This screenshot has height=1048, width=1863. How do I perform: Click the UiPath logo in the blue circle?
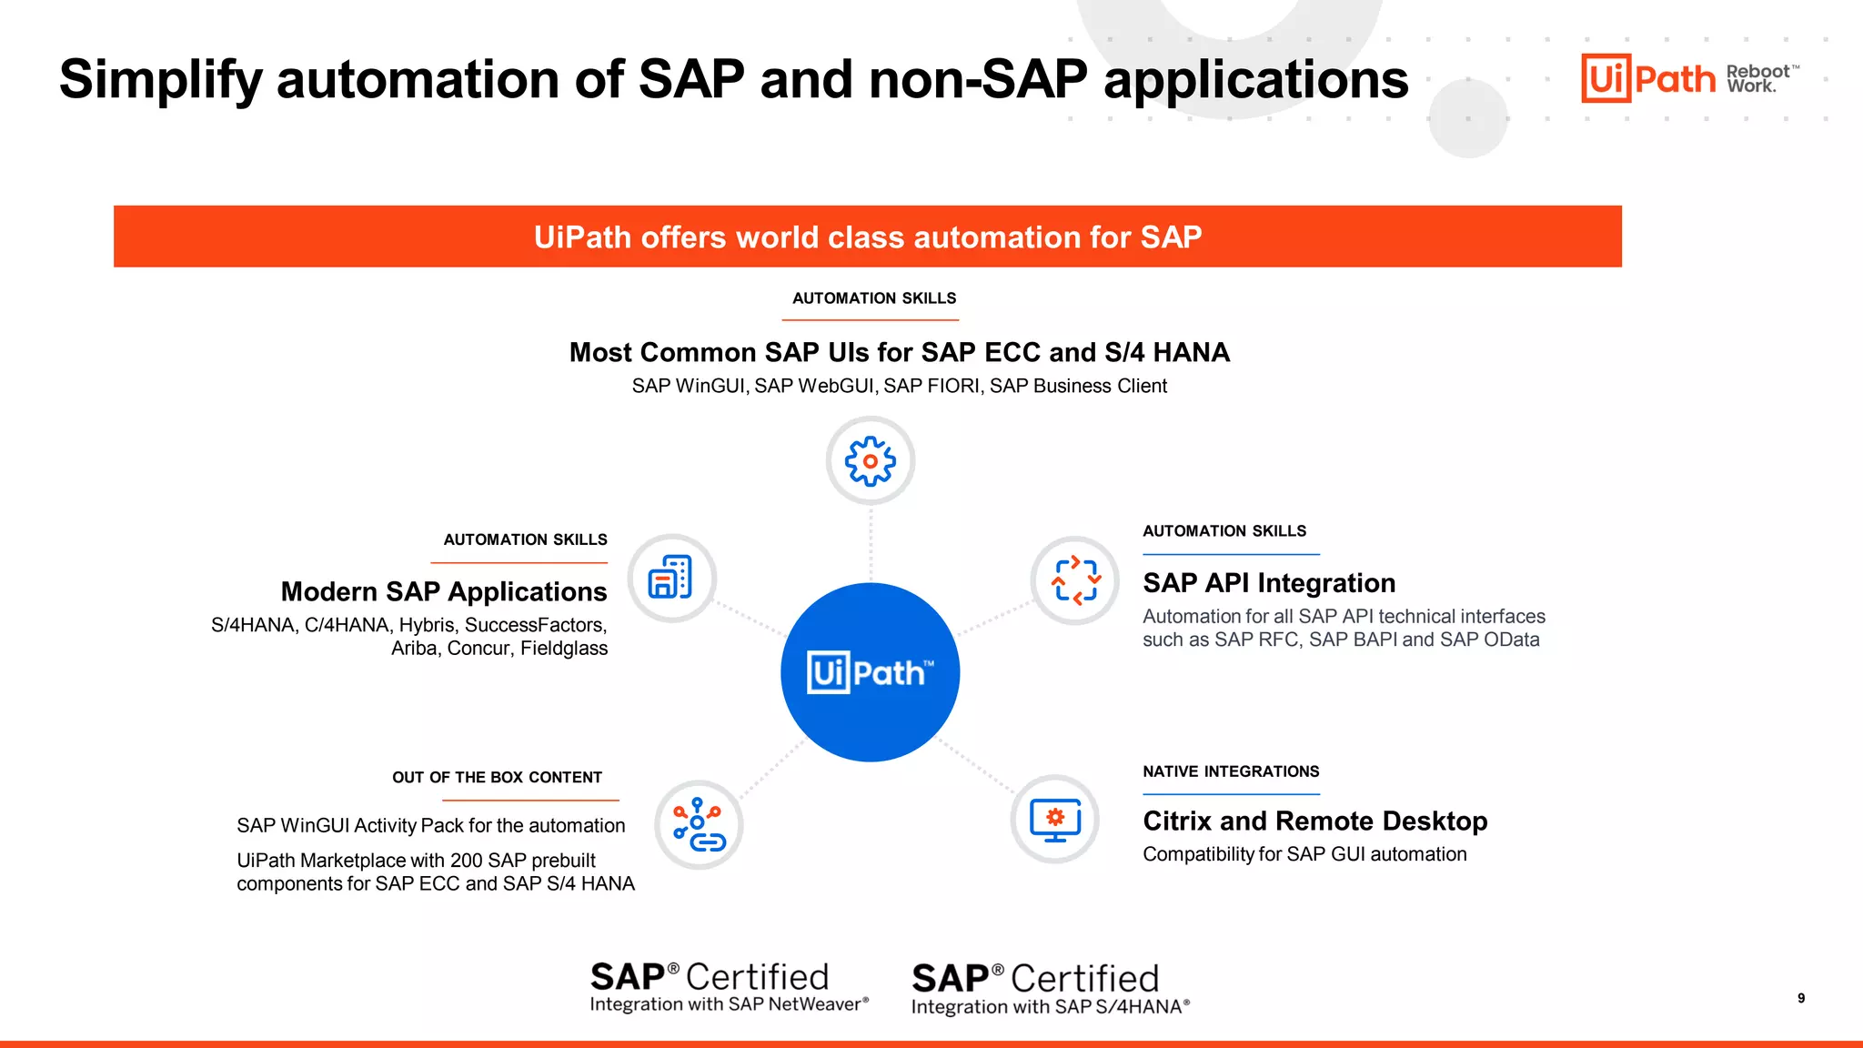pos(870,672)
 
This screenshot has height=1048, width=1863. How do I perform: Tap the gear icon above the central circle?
pos(871,461)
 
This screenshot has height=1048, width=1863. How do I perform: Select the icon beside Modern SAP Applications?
pos(671,578)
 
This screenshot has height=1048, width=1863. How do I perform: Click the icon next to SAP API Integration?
pos(1075,579)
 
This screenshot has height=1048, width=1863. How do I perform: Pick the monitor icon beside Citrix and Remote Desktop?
pos(1055,819)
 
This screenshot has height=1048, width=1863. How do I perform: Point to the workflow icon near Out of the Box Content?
pos(699,824)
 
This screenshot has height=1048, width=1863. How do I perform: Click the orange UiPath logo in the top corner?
pos(1647,78)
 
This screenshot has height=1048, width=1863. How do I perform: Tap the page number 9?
pos(1801,998)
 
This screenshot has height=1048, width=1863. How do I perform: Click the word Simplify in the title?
pos(160,79)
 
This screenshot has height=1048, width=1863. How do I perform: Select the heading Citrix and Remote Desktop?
pos(1314,821)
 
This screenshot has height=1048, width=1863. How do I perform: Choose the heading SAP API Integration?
pos(1269,582)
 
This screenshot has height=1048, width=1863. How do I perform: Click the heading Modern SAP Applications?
pos(444,591)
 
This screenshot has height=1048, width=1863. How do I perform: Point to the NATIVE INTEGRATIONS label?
pos(1231,771)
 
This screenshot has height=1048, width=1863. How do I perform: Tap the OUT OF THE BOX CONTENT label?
pos(497,778)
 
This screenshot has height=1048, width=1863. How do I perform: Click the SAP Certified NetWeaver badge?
pos(729,987)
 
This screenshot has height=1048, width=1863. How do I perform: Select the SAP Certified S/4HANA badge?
pos(1050,989)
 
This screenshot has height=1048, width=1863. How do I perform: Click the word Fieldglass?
pos(564,648)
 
